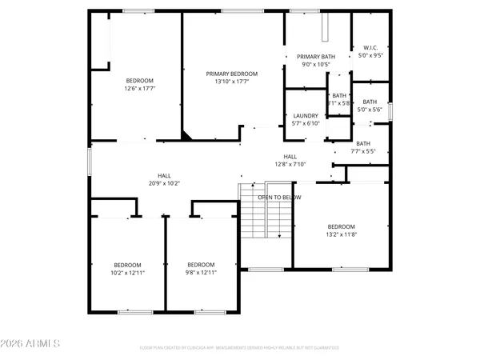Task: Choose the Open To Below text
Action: (279, 197)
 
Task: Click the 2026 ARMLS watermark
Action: (32, 345)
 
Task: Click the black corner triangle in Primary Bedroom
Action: (186, 136)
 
